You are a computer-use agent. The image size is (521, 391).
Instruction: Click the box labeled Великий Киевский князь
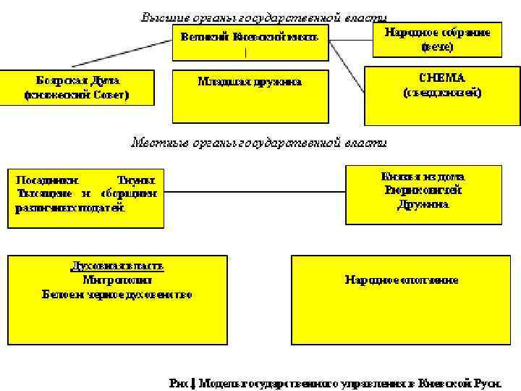[x=250, y=43]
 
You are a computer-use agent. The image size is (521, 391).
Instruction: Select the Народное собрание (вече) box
[x=437, y=41]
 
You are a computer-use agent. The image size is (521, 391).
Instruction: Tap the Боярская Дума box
[x=77, y=87]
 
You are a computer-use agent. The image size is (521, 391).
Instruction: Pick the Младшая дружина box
[x=250, y=96]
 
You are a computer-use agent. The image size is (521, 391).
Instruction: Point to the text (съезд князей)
[x=441, y=93]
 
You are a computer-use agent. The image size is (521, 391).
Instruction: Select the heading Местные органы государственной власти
[x=258, y=142]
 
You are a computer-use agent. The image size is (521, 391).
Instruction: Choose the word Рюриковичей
[x=423, y=190]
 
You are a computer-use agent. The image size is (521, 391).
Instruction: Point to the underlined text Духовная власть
[x=117, y=265]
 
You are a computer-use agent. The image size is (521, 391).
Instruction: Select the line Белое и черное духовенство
[x=117, y=294]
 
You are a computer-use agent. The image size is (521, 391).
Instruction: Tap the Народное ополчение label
[x=402, y=279]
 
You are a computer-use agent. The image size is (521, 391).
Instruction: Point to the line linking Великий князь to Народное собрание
[x=350, y=40]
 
